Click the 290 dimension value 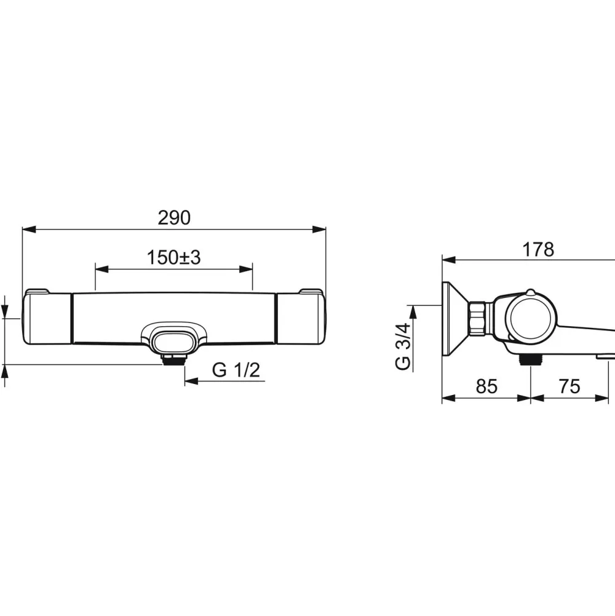tap(174, 218)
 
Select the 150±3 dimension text tap(173, 258)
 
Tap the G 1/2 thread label tap(236, 370)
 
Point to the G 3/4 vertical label tap(403, 346)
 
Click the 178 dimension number tap(538, 249)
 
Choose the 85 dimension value tap(486, 386)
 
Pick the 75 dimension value tap(569, 386)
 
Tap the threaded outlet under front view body tap(173, 359)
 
